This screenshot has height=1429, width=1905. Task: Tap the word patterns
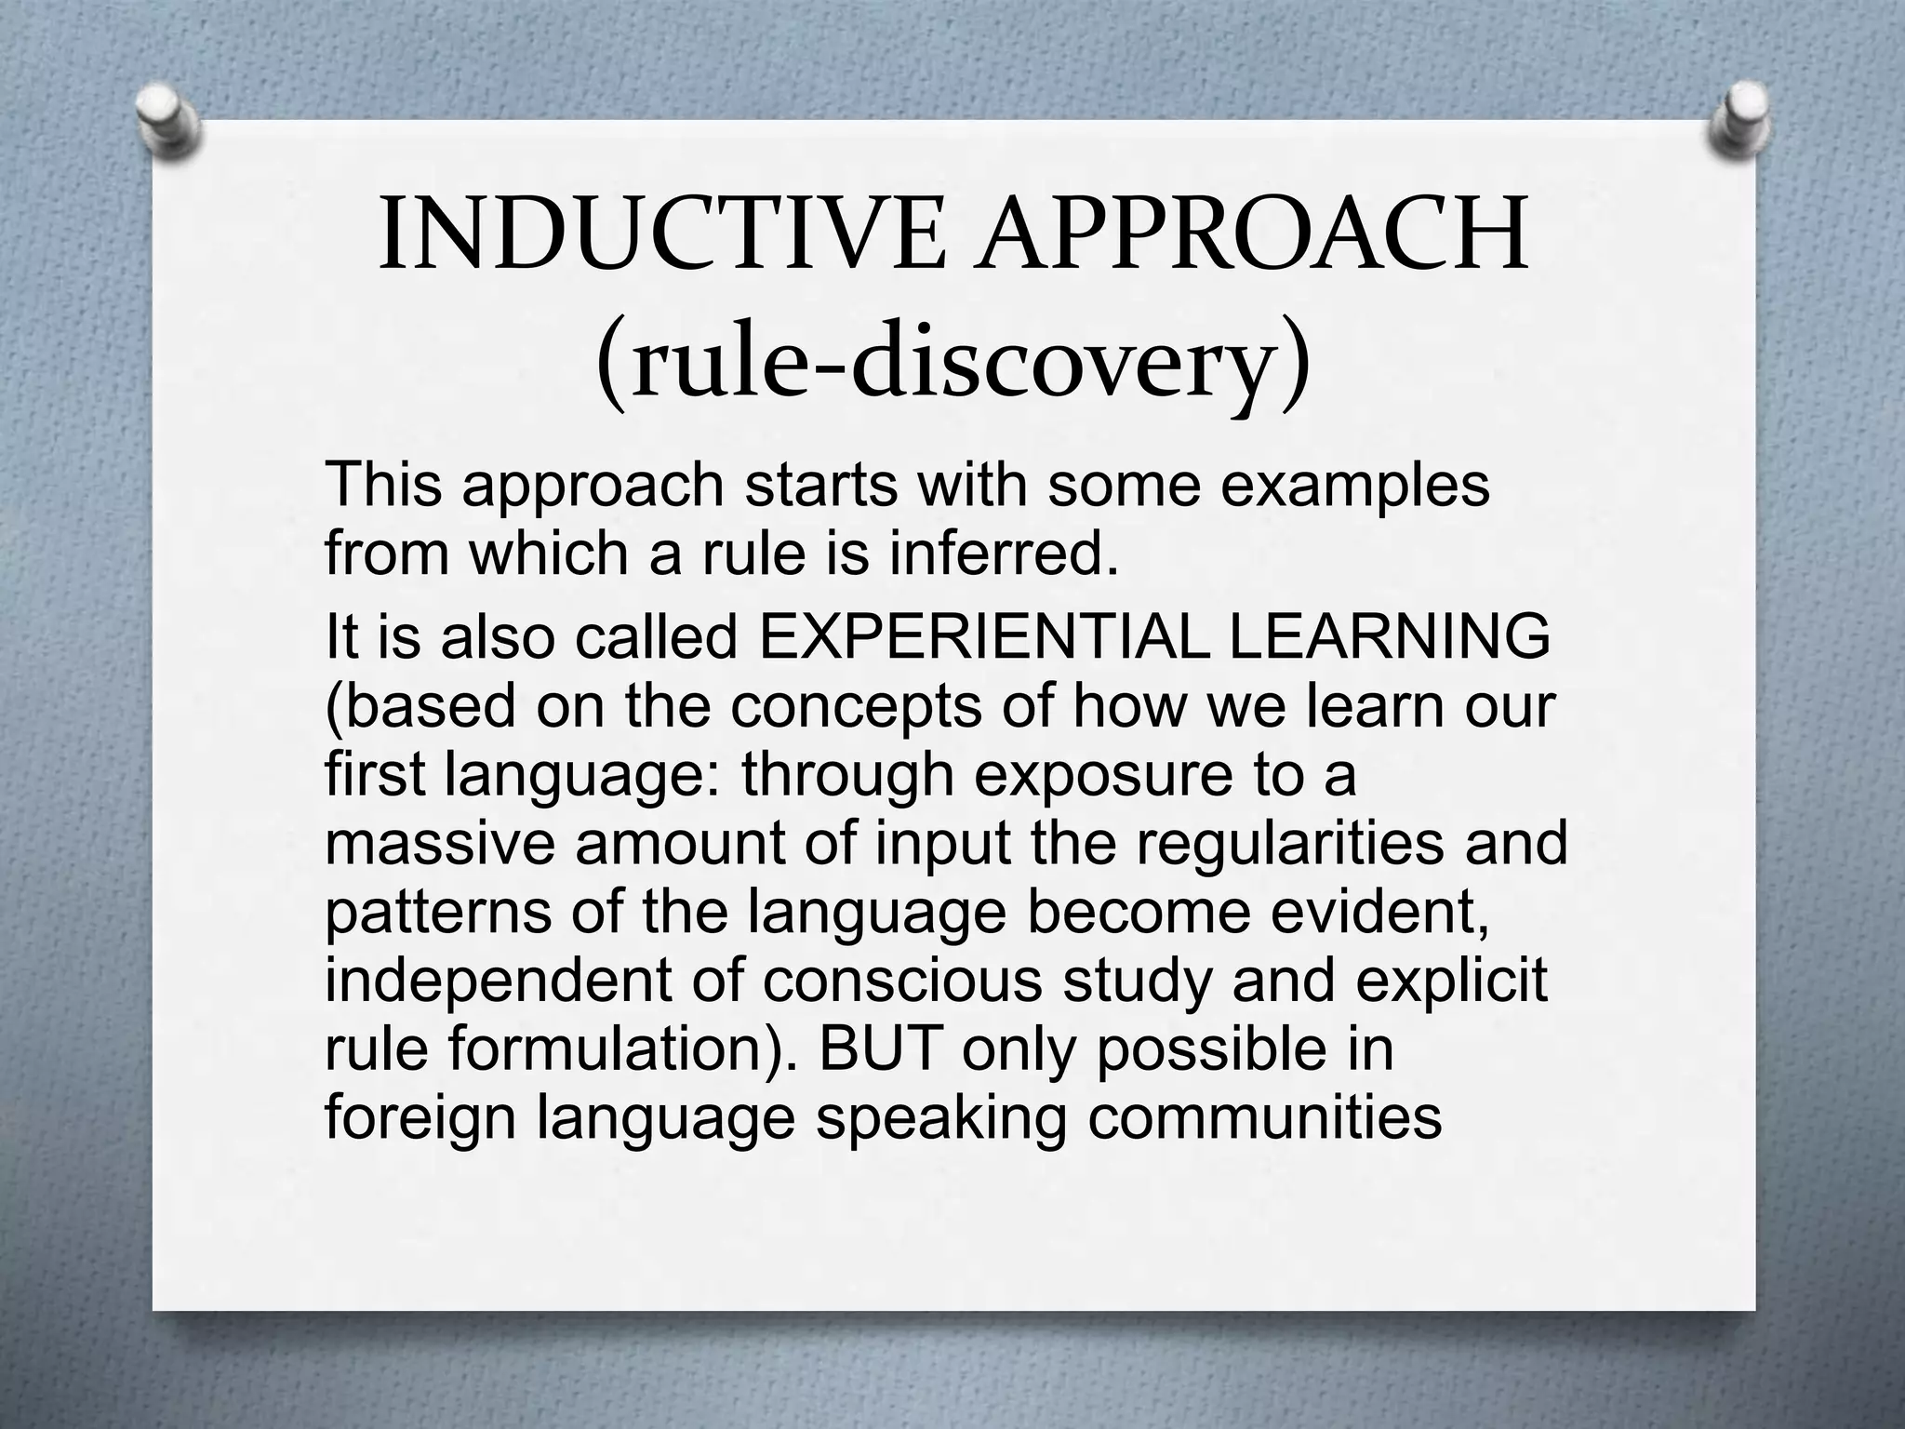pyautogui.click(x=438, y=913)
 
